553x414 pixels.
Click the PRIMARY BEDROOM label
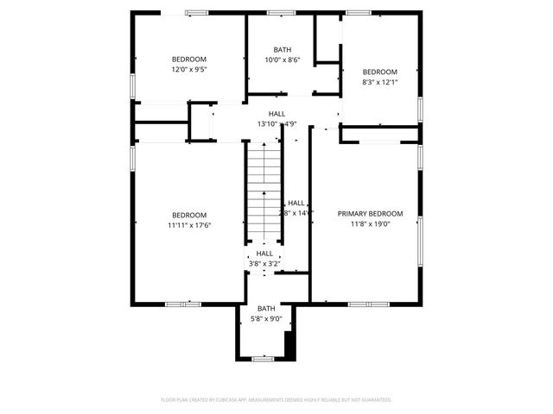pyautogui.click(x=370, y=214)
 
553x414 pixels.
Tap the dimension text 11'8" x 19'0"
pyautogui.click(x=370, y=224)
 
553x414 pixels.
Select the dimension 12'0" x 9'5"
pyautogui.click(x=189, y=69)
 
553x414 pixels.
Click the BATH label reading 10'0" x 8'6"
pyautogui.click(x=283, y=60)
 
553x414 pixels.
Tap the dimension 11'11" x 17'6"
pyautogui.click(x=189, y=225)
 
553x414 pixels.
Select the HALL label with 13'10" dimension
pyautogui.click(x=276, y=113)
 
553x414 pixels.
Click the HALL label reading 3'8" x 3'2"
pyautogui.click(x=264, y=254)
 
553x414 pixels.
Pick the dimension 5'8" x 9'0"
pyautogui.click(x=265, y=318)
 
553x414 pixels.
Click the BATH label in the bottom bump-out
pyautogui.click(x=265, y=308)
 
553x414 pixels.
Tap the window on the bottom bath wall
pyautogui.click(x=264, y=358)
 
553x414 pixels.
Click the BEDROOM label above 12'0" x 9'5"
pyautogui.click(x=189, y=59)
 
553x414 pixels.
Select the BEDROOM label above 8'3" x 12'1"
pyautogui.click(x=379, y=72)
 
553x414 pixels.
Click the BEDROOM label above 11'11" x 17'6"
pyautogui.click(x=189, y=215)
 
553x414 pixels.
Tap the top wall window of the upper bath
pyautogui.click(x=280, y=12)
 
